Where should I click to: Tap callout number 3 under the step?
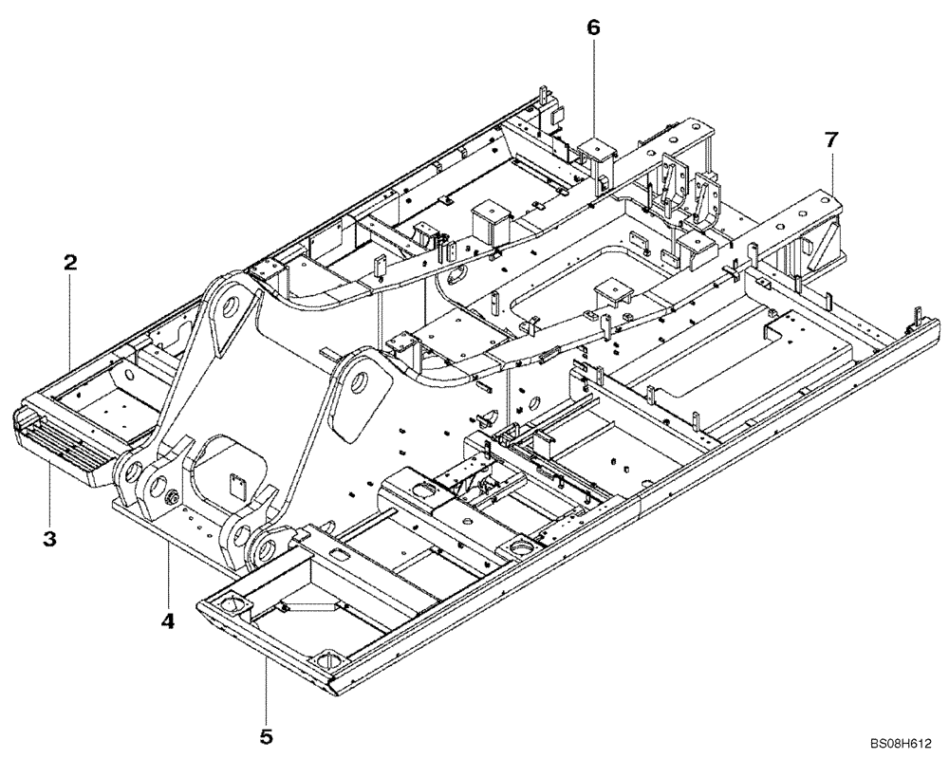50,539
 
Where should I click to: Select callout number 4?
168,621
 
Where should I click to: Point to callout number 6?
593,28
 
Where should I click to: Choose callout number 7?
831,139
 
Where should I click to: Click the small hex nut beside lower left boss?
176,498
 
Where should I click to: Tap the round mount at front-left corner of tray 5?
231,604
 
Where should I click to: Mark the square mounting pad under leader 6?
594,149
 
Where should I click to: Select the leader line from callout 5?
267,693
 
